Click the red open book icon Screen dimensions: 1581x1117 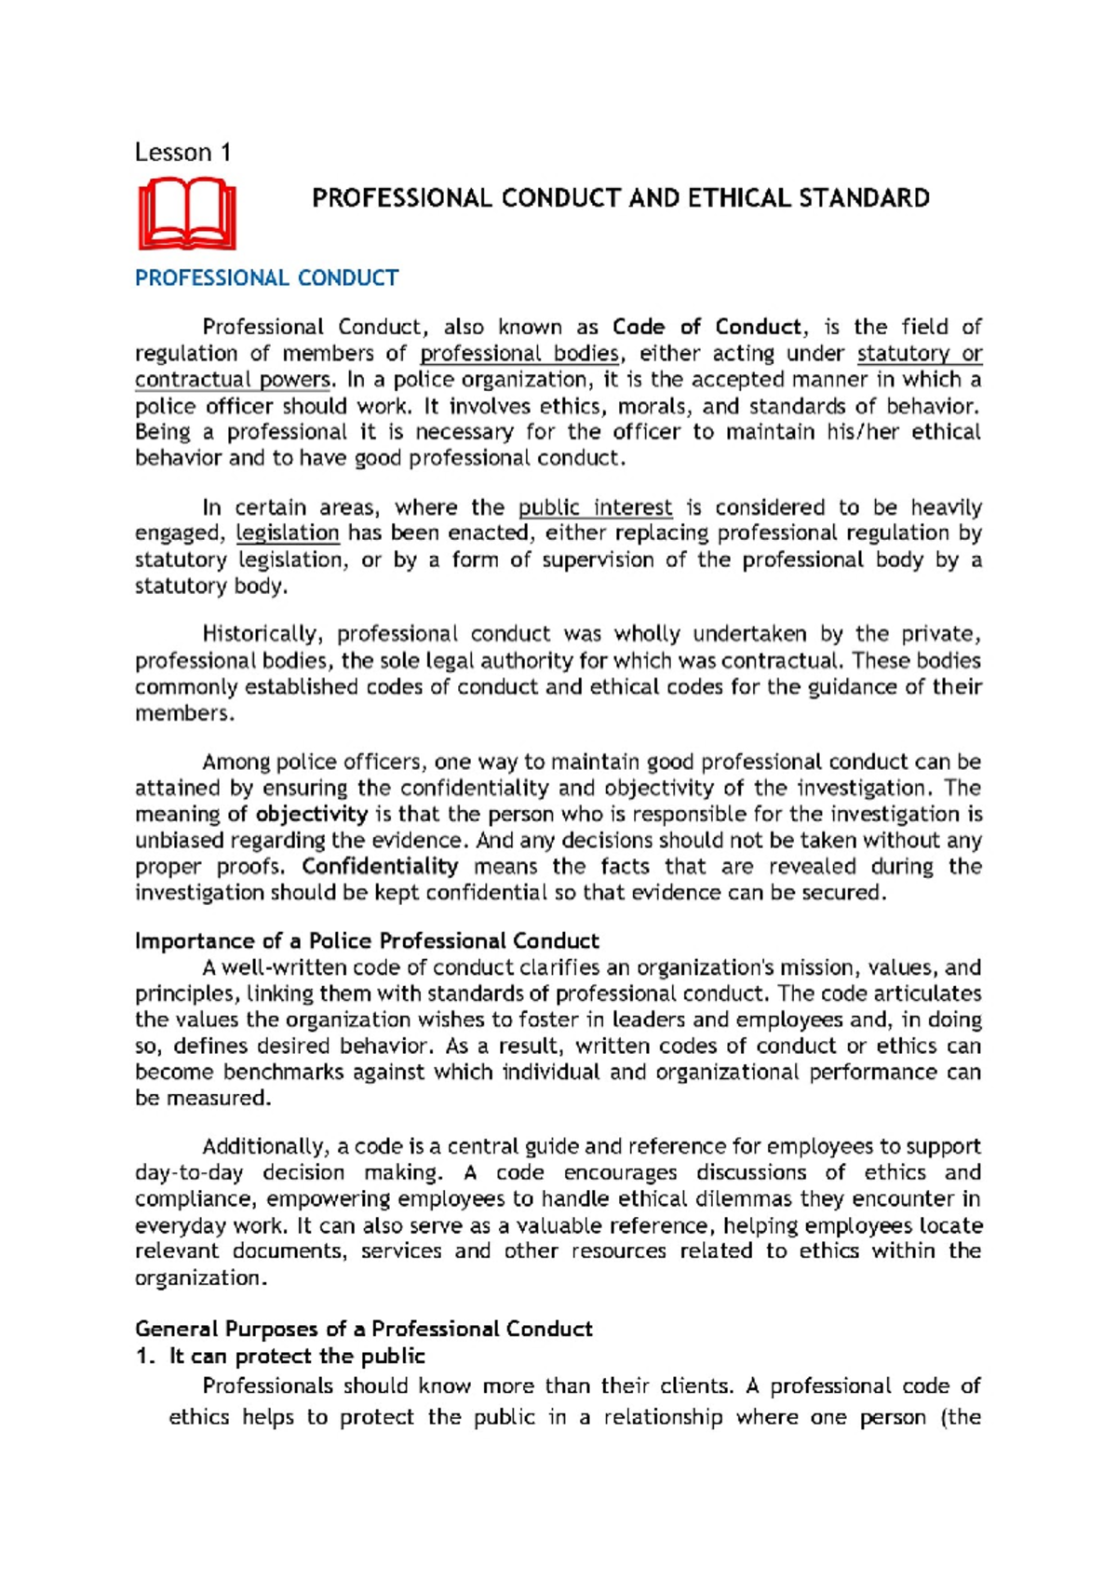pyautogui.click(x=187, y=214)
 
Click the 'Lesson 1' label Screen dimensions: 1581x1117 pyautogui.click(x=182, y=152)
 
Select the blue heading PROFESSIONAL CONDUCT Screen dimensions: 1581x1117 pyautogui.click(x=266, y=278)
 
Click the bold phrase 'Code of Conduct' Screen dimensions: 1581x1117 pyautogui.click(x=707, y=327)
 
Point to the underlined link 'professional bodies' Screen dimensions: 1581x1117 pyautogui.click(x=519, y=354)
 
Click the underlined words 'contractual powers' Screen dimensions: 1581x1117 pyautogui.click(x=233, y=380)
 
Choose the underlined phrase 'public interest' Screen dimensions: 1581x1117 pyautogui.click(x=595, y=507)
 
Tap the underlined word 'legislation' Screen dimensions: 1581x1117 pyautogui.click(x=288, y=534)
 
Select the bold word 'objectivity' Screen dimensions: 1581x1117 pyautogui.click(x=312, y=814)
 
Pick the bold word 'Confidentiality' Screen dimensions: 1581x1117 pyautogui.click(x=380, y=867)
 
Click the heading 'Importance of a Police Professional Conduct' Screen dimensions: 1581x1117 pyautogui.click(x=367, y=940)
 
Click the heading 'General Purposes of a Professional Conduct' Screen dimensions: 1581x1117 pyautogui.click(x=363, y=1329)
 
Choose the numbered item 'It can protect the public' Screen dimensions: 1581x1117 pyautogui.click(x=296, y=1356)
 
